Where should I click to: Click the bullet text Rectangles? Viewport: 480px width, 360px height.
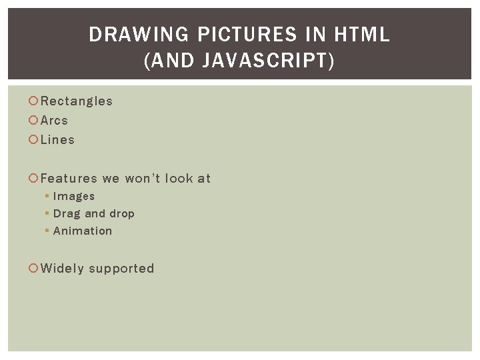[x=77, y=101]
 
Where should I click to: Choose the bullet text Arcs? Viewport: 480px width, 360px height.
[x=54, y=121]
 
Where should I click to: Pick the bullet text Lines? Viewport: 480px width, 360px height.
[x=57, y=140]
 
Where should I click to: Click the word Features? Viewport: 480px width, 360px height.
[x=69, y=179]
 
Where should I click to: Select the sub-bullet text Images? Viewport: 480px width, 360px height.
[x=74, y=197]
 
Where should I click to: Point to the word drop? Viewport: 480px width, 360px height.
[x=122, y=214]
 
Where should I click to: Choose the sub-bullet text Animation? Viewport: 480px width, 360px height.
[x=83, y=231]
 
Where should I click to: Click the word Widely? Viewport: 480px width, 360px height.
[x=62, y=269]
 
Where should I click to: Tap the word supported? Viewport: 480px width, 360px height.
[x=121, y=269]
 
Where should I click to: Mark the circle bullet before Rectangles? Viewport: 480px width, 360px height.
[x=33, y=101]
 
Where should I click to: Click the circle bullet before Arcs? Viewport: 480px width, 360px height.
[x=33, y=121]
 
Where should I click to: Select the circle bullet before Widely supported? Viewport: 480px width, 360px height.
[x=33, y=269]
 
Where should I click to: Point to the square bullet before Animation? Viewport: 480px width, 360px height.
[x=47, y=231]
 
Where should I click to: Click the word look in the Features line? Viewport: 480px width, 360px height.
[x=179, y=179]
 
